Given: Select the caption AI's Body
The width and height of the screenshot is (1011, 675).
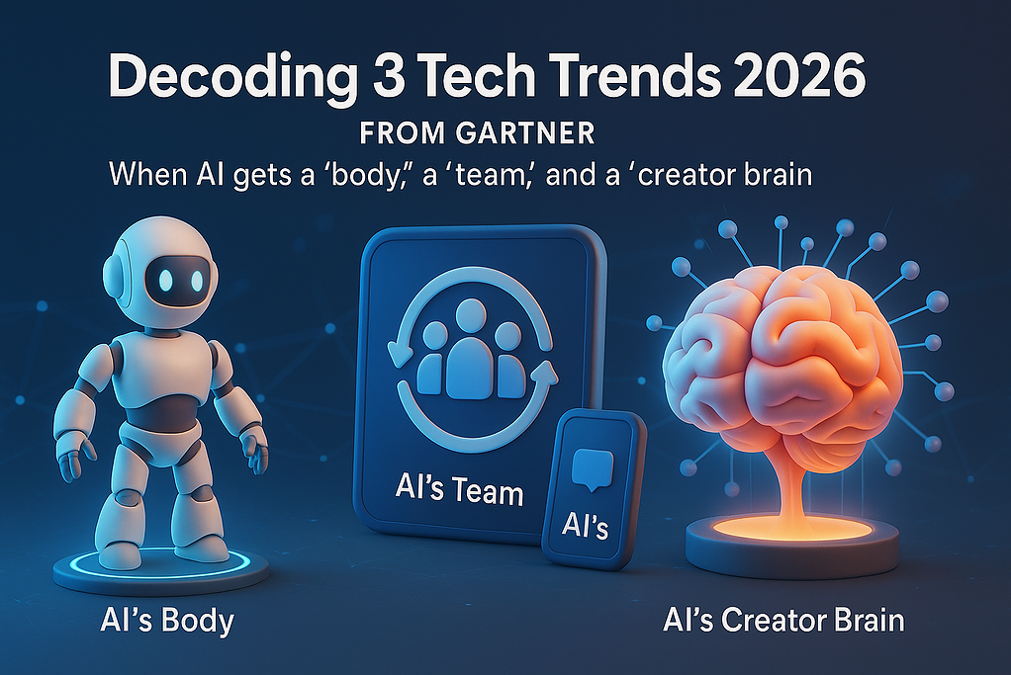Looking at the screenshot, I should point(167,622).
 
